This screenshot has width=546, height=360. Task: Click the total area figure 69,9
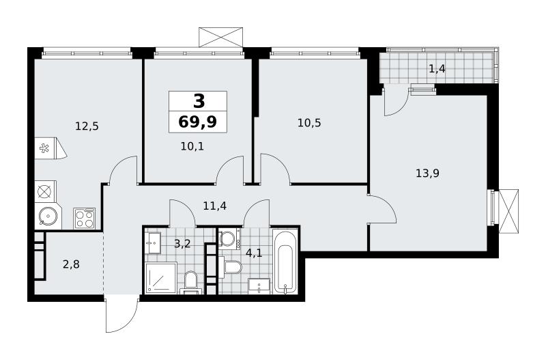tap(197, 122)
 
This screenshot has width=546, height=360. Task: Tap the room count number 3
tap(199, 101)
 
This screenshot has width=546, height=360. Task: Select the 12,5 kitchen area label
tap(87, 126)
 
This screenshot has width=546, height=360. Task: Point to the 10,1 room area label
tap(192, 146)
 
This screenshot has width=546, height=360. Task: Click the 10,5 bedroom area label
tap(309, 123)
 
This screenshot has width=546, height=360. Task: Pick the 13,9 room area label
tap(427, 173)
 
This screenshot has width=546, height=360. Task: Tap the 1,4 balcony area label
tap(437, 69)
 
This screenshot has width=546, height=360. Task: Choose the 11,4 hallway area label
tap(215, 206)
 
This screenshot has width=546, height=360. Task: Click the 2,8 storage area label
tap(71, 264)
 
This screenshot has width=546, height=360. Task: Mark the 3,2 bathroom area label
tap(182, 244)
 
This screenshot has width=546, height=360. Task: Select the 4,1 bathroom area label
tap(254, 253)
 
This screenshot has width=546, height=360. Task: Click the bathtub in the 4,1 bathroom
tap(285, 261)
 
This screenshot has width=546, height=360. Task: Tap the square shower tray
tap(161, 278)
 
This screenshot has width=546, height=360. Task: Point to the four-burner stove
tap(84, 219)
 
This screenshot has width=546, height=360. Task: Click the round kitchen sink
tap(48, 217)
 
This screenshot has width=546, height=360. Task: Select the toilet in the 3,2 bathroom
tap(191, 281)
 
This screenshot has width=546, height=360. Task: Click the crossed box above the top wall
tap(220, 37)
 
